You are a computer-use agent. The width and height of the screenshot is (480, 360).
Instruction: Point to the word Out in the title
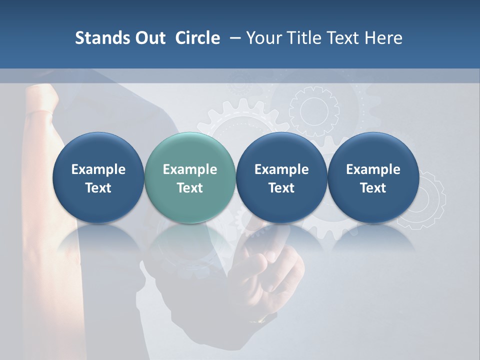pyautogui.click(x=149, y=38)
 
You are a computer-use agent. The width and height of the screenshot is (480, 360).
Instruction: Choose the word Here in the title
pyautogui.click(x=382, y=38)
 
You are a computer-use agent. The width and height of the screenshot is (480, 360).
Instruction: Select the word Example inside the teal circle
pyautogui.click(x=190, y=169)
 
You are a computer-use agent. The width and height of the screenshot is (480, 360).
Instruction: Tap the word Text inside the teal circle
pyautogui.click(x=190, y=188)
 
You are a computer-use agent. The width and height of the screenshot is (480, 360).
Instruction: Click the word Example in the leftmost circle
pyautogui.click(x=98, y=169)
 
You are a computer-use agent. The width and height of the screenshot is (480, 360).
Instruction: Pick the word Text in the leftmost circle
pyautogui.click(x=98, y=188)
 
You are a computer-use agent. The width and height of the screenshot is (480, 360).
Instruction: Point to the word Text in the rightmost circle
pyautogui.click(x=373, y=188)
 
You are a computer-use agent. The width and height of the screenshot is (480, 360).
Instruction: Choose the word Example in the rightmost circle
pyautogui.click(x=373, y=169)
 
